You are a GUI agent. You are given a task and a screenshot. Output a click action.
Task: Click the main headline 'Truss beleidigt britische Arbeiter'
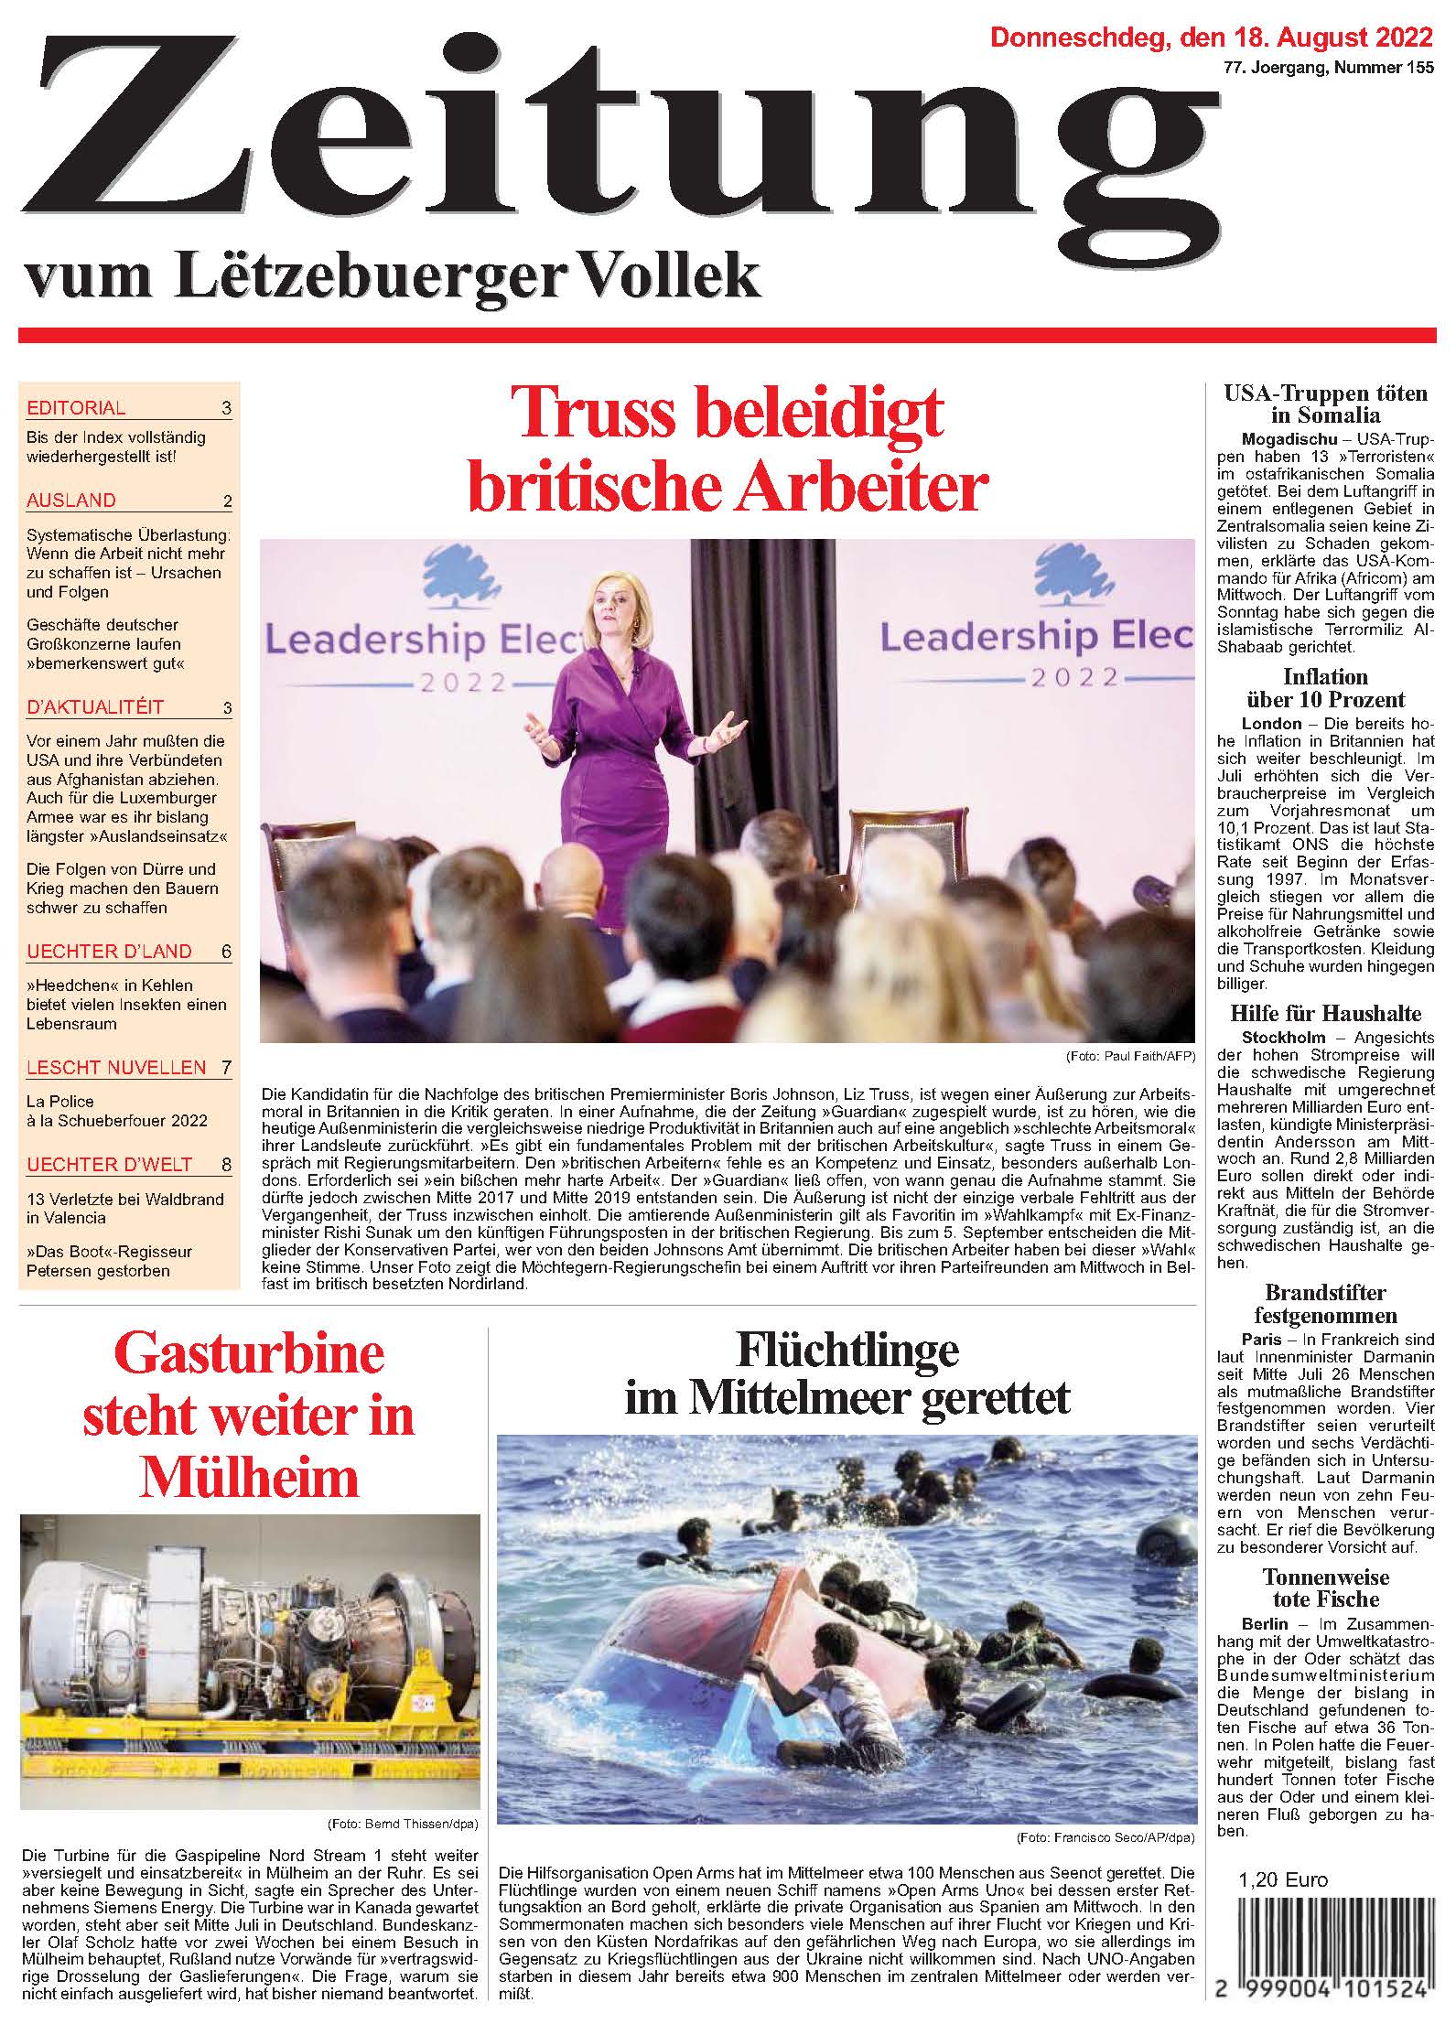(728, 449)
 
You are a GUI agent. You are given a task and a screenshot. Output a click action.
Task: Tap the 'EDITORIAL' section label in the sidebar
(76, 408)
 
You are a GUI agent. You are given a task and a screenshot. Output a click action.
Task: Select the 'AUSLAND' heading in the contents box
(71, 501)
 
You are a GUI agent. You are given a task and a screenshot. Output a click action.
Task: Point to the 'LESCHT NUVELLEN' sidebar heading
(116, 1067)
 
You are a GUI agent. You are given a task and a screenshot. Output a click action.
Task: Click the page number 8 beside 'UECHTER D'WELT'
(226, 1166)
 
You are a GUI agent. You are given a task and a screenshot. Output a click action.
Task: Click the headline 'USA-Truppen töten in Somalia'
(1325, 404)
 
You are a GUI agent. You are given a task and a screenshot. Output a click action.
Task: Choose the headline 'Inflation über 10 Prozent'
(1325, 688)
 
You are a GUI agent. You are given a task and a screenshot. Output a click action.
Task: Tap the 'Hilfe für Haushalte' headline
(1325, 1014)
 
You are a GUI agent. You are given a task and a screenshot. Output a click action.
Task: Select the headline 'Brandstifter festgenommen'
(1325, 1305)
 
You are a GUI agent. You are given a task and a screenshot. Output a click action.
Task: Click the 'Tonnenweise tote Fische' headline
(1325, 1588)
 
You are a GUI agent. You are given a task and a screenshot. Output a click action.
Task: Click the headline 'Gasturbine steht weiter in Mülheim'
(249, 1416)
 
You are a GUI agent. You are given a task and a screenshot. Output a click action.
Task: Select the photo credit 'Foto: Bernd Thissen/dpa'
(403, 1824)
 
